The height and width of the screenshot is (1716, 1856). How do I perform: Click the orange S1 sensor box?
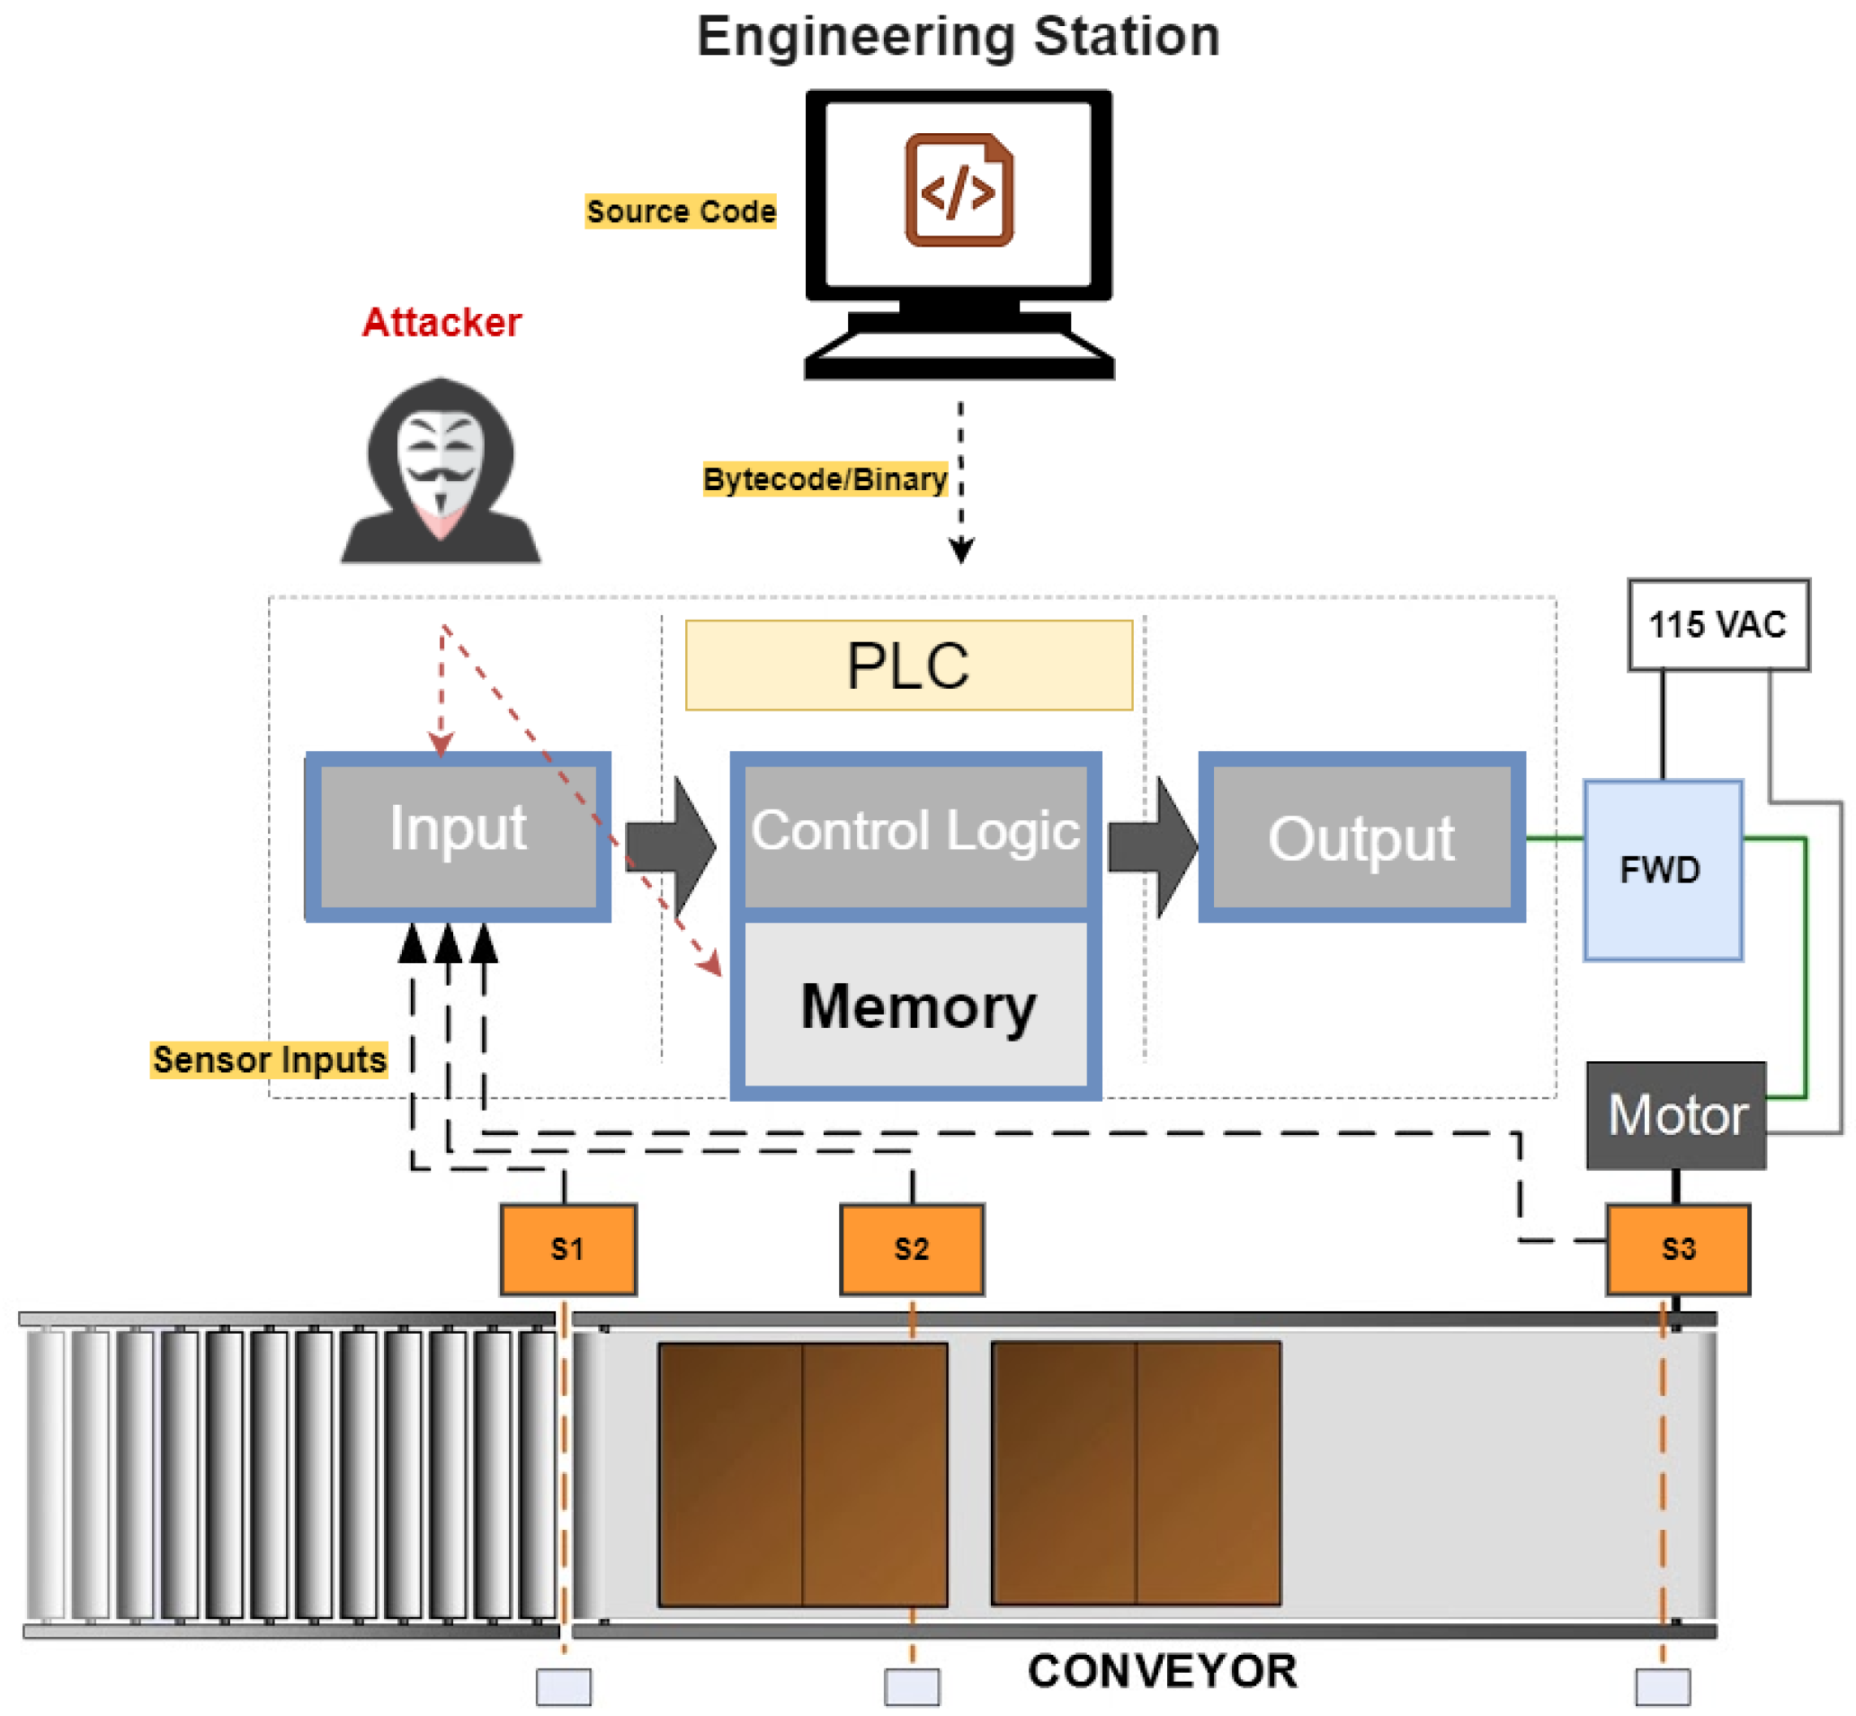click(x=568, y=1249)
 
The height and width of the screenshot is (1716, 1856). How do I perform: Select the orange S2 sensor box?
click(x=912, y=1249)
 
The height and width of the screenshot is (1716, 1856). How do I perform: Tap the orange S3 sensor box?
click(x=1678, y=1249)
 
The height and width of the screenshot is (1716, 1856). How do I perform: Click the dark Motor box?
click(x=1676, y=1115)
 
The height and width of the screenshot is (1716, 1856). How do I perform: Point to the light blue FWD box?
click(x=1663, y=870)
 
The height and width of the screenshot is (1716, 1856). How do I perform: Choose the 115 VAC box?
click(x=1718, y=624)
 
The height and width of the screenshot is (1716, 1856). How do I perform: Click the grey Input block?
click(x=458, y=836)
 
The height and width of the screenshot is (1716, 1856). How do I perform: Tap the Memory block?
click(x=915, y=1008)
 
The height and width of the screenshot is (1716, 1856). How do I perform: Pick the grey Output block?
click(x=1362, y=836)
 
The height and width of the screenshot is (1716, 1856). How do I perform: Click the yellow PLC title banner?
click(x=909, y=665)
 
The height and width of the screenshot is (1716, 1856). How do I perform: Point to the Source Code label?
click(x=681, y=211)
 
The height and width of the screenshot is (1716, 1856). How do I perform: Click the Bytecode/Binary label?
click(x=825, y=479)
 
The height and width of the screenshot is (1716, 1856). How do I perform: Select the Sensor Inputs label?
click(x=269, y=1059)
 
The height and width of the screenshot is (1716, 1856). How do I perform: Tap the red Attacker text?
click(x=442, y=322)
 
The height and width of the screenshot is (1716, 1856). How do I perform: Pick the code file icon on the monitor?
click(x=959, y=190)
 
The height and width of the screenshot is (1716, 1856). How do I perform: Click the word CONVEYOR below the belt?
click(x=1163, y=1670)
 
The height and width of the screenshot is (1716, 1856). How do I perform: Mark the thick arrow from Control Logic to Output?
click(x=1152, y=846)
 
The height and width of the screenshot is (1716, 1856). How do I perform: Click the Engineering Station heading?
click(x=959, y=37)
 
